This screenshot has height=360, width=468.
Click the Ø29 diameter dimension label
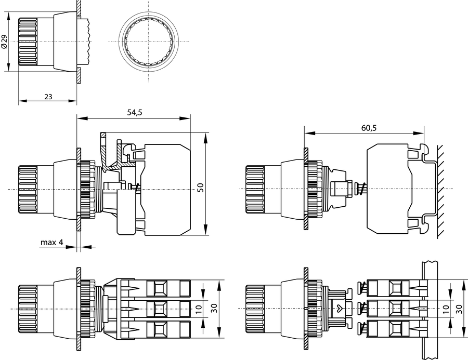[x=4, y=42]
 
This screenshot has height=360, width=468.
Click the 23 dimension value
[x=48, y=97]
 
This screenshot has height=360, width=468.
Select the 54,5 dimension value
[x=133, y=113]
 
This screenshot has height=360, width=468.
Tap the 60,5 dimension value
[x=364, y=127]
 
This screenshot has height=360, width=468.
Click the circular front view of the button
[x=148, y=42]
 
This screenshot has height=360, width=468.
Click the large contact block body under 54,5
[x=166, y=188]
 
